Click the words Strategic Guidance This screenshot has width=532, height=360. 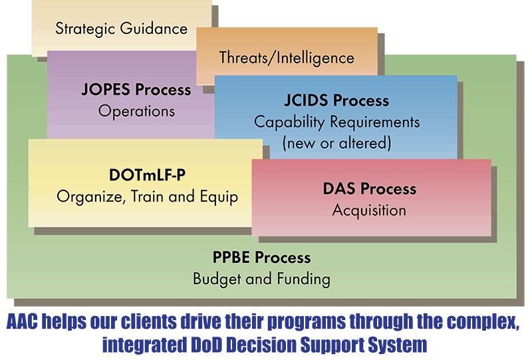(122, 29)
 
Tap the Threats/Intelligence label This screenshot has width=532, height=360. (287, 58)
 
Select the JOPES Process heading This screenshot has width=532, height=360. (136, 90)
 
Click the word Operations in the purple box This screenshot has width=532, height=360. (136, 111)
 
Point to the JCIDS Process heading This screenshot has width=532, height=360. (336, 100)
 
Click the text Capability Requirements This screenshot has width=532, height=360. (336, 122)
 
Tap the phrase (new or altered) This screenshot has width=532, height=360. (336, 143)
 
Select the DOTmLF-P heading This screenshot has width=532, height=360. (147, 175)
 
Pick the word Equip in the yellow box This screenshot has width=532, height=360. (219, 197)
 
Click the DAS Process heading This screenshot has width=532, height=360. (370, 189)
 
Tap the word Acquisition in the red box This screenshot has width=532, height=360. (369, 210)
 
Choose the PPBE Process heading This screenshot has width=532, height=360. (261, 258)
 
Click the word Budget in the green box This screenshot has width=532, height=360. (217, 279)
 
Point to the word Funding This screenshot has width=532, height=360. (304, 279)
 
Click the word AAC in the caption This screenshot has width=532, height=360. (22, 321)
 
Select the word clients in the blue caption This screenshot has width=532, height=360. (148, 321)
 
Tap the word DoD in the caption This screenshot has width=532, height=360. (206, 345)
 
